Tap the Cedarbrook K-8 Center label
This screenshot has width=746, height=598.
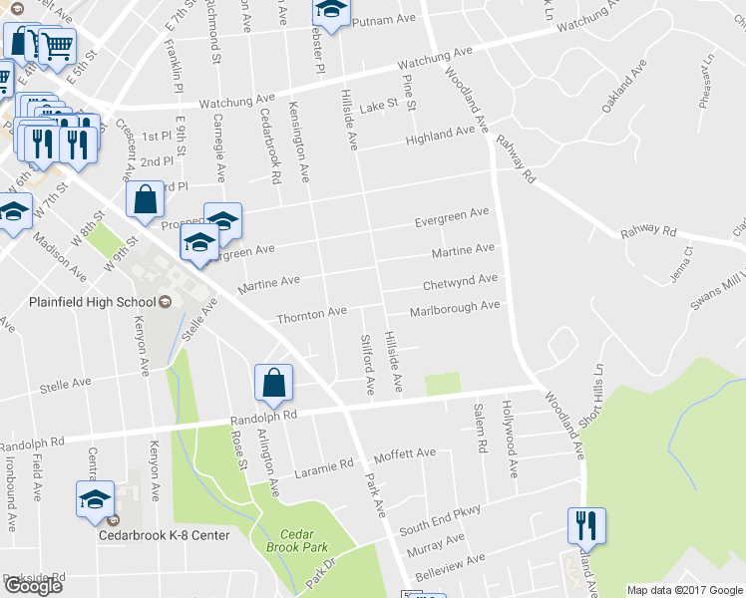[164, 535]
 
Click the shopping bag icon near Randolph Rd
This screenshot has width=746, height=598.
[273, 383]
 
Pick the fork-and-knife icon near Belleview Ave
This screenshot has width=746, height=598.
[586, 525]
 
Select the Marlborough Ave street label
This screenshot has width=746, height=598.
[454, 306]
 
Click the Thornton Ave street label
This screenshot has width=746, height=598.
[312, 315]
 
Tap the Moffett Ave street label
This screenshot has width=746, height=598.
[405, 454]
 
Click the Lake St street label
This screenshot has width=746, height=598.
[379, 105]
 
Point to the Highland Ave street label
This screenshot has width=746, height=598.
[440, 134]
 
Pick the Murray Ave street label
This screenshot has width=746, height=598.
[435, 545]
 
